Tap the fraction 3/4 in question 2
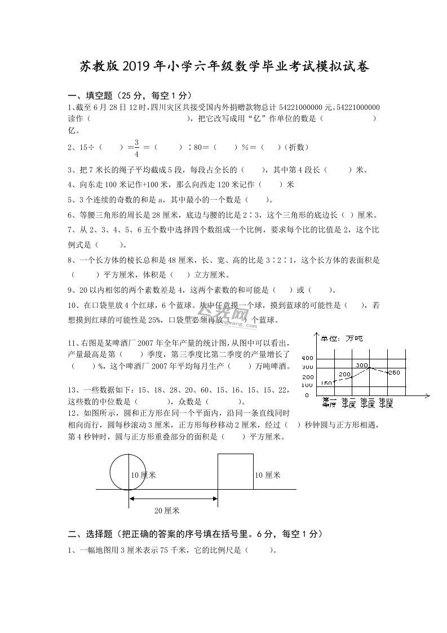tap(136, 147)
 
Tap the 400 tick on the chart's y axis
tap(307, 358)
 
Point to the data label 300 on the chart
tap(361, 365)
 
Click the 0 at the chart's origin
tap(307, 395)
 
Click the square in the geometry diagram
tap(236, 472)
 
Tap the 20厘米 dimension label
tap(167, 511)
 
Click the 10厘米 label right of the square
tap(267, 475)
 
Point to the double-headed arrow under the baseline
tap(174, 498)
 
